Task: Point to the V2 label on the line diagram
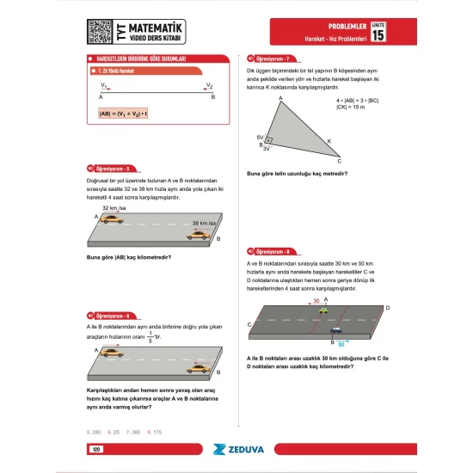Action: [x=209, y=86]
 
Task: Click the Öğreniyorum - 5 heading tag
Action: [x=114, y=169]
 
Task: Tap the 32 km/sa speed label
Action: [x=114, y=208]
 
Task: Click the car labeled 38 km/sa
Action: [x=199, y=234]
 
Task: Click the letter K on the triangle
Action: [x=327, y=141]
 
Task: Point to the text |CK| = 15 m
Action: [x=352, y=107]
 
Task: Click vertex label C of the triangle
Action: [x=339, y=161]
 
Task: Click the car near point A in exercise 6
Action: [x=112, y=353]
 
